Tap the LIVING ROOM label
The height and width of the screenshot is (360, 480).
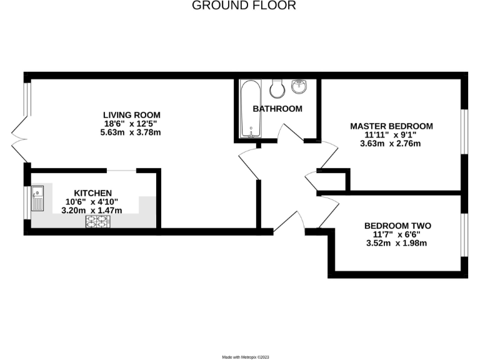click(132, 115)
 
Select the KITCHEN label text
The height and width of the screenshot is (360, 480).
click(93, 192)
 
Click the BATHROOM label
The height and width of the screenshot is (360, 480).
click(277, 109)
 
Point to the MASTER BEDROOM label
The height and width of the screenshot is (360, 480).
click(391, 126)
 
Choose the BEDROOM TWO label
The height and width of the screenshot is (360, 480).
click(397, 226)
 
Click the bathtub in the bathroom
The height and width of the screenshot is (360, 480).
click(251, 109)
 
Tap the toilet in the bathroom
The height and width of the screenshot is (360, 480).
click(279, 87)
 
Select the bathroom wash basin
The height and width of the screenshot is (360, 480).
click(301, 86)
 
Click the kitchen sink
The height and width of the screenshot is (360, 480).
click(36, 198)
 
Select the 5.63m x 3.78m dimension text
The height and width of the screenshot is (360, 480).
click(132, 132)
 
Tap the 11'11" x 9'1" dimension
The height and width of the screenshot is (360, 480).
click(391, 134)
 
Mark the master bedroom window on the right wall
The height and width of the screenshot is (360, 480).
click(464, 131)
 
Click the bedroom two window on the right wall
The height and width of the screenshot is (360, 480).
click(464, 234)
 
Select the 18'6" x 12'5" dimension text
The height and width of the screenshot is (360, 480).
click(132, 124)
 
